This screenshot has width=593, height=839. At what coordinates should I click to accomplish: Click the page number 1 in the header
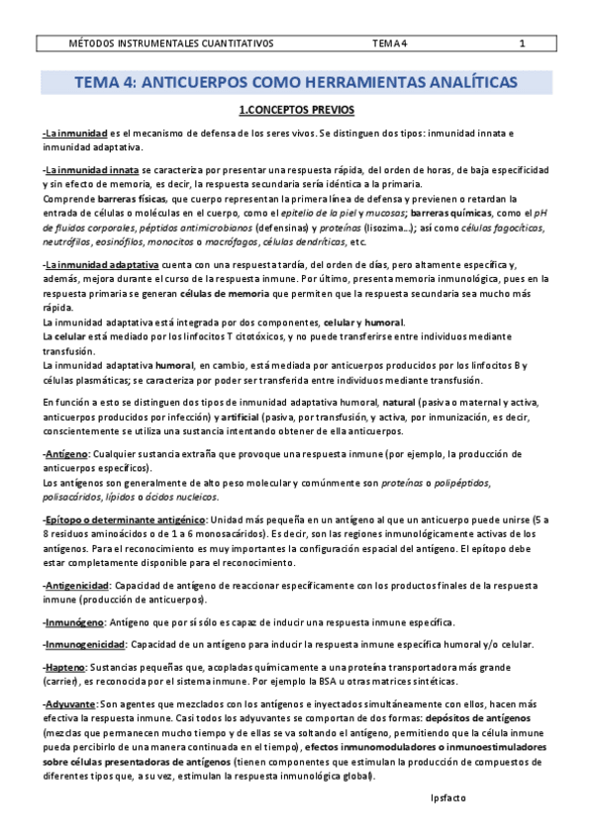tap(522, 44)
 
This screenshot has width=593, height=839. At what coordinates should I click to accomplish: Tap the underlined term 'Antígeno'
tap(66, 451)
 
